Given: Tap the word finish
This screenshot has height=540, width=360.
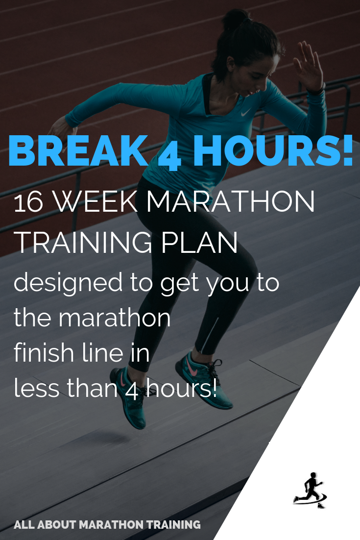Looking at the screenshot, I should point(40,353).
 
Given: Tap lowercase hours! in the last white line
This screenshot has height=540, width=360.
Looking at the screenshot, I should point(176,389).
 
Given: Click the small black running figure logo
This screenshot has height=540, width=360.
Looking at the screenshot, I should point(310,490).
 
